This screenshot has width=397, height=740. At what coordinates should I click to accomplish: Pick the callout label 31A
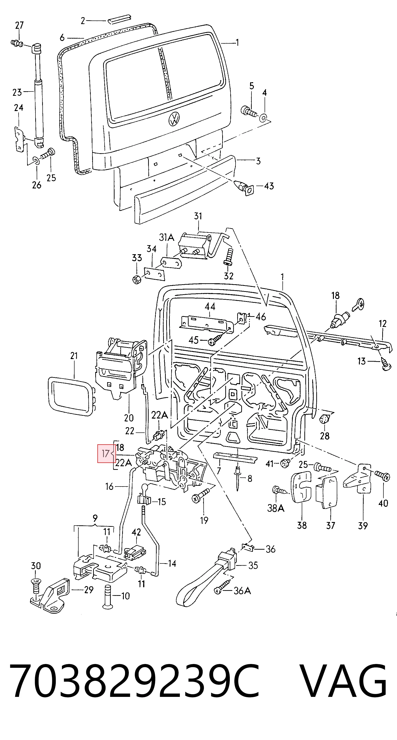(166, 238)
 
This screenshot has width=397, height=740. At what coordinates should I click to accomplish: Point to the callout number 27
(19, 25)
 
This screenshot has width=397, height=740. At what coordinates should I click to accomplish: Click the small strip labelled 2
(119, 18)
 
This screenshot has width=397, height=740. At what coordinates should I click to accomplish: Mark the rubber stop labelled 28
(324, 420)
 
